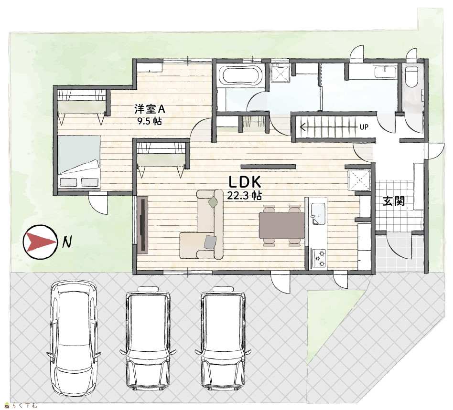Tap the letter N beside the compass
pos(67,242)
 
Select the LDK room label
pos(245,182)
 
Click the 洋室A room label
pos(150,109)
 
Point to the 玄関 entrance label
pos(393,201)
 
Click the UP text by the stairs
pos(364,127)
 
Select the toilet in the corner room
pos(411,76)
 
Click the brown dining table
pos(281,225)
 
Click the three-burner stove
pos(318,259)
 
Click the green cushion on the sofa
pos(213,202)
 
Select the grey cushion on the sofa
pos(210,242)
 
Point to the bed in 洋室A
pos(78,162)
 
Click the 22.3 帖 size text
pos(244,196)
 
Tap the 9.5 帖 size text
pos(150,121)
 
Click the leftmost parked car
pos(74,339)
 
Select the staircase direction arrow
pos(328,126)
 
